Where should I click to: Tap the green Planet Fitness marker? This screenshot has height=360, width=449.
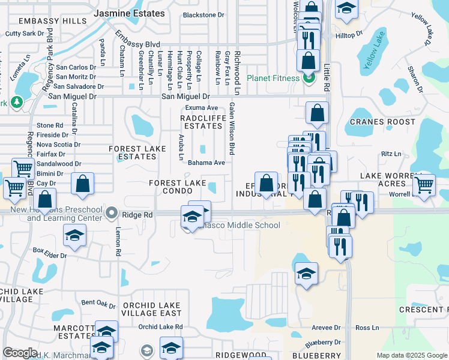(x=309, y=78)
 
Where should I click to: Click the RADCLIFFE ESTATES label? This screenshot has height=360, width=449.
(x=202, y=122)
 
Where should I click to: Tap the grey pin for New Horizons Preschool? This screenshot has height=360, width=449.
(x=111, y=213)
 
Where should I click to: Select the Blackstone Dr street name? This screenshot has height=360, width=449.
(x=203, y=15)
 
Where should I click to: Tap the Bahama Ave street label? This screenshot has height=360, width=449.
(x=206, y=163)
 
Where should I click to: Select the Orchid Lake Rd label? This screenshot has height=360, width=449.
(x=160, y=327)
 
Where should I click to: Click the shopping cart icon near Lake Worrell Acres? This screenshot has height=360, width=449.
(x=424, y=184)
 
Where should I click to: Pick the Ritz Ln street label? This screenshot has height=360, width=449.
(x=391, y=154)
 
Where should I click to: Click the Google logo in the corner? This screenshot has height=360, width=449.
(x=20, y=353)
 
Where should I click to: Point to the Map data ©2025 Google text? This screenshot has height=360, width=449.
(x=411, y=355)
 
